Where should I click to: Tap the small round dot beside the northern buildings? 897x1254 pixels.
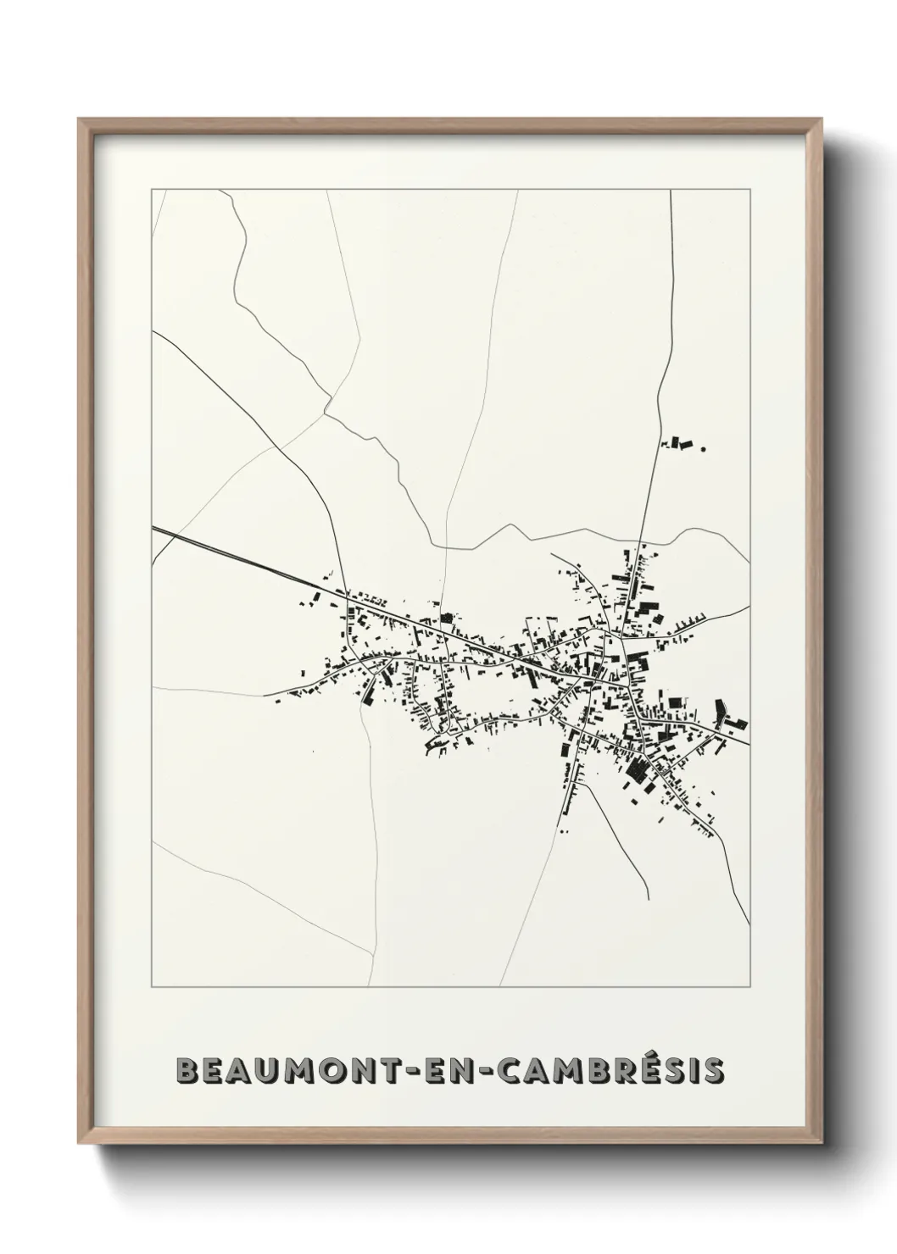pos(703,450)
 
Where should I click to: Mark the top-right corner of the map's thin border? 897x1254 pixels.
pos(750,191)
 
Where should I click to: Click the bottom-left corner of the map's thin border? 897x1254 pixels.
pos(152,987)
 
